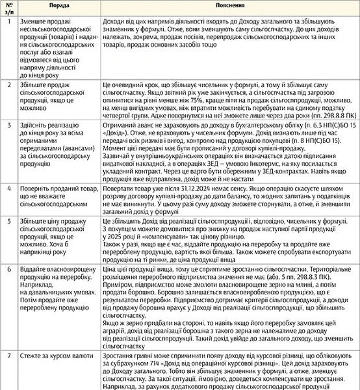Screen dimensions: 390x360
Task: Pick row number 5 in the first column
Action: [8, 222]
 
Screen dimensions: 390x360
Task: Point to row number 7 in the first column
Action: [8, 356]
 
